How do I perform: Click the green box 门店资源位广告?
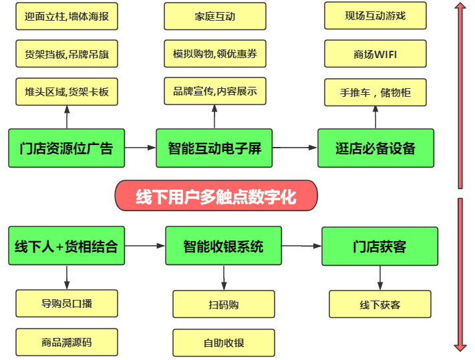[66, 148]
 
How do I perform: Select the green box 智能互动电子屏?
[214, 148]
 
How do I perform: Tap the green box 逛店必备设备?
[375, 148]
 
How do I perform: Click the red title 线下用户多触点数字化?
[216, 196]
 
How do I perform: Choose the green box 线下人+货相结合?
[66, 246]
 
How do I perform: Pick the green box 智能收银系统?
[223, 246]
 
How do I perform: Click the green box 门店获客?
[379, 246]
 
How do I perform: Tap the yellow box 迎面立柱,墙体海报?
[66, 16]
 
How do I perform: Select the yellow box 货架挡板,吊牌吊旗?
[66, 53]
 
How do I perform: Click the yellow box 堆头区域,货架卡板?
[66, 92]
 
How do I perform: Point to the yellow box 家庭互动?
[214, 16]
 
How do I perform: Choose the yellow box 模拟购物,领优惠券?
[214, 53]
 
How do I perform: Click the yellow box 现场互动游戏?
[375, 15]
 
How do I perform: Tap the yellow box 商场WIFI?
[375, 53]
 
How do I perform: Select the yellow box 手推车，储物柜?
[375, 92]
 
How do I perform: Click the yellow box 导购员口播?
[66, 303]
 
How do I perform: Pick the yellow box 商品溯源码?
[66, 342]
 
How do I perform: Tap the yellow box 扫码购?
[223, 304]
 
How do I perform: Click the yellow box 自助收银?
[223, 343]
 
